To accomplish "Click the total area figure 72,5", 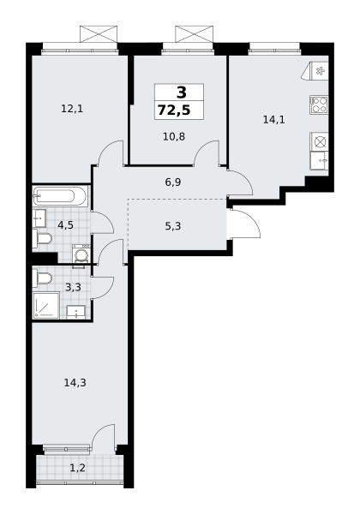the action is tap(174, 111).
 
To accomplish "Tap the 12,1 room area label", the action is tap(72, 109).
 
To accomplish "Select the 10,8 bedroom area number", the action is tap(174, 137).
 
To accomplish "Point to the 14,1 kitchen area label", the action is tap(273, 120).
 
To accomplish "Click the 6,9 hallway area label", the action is tap(173, 182).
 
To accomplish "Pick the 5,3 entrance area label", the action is tap(173, 226).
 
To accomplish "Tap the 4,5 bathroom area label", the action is tap(65, 225).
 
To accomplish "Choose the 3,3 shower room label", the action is tap(73, 288).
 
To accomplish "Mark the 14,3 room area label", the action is tap(75, 383).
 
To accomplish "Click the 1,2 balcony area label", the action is tap(77, 468).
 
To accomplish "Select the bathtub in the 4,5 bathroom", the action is tap(60, 196).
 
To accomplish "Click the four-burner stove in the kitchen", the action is tap(319, 105).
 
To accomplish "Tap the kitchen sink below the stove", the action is tap(319, 161).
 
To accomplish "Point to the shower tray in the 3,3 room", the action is tap(46, 305).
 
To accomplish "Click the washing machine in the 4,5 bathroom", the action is tap(81, 254).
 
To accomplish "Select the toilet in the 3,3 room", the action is tap(42, 278).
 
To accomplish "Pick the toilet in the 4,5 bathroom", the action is tap(42, 238).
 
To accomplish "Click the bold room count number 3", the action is tap(182, 93).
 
